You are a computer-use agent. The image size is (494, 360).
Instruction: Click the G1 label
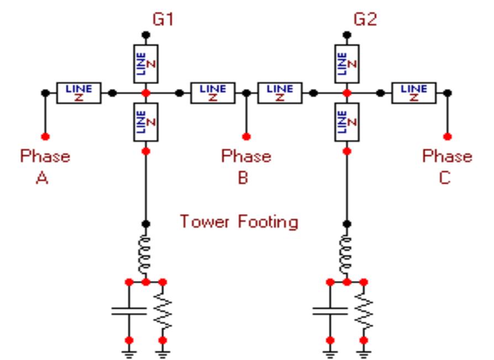164,23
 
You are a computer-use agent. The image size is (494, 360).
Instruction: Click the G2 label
364,23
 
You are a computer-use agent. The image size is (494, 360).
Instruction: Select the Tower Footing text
239,222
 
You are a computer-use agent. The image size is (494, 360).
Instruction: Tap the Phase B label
246,166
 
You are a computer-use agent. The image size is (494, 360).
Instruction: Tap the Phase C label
448,166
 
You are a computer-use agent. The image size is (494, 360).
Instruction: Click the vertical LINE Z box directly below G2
346,63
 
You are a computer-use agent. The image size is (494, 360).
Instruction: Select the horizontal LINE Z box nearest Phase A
78,93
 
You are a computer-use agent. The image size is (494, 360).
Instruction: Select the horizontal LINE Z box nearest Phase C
413,93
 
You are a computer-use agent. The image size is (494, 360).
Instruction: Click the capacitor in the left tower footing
129,311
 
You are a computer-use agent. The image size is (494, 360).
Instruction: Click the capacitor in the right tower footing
330,311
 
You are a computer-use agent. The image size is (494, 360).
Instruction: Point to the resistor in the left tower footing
163,311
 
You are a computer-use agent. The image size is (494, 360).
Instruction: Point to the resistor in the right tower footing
364,311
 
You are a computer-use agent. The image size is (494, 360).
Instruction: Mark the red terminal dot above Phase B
246,136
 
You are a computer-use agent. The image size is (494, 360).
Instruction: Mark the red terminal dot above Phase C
448,136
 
